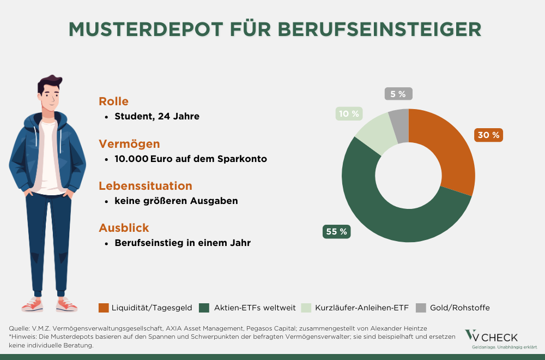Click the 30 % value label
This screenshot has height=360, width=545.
point(488,135)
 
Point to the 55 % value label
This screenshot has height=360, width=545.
point(336,231)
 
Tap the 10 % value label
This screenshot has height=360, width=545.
point(348,113)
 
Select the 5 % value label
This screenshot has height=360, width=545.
point(398,94)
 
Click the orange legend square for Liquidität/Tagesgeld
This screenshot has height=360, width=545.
point(104,308)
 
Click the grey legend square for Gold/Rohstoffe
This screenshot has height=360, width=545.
point(420,308)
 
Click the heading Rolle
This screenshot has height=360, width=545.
point(113,101)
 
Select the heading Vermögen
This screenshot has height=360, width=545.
point(129,144)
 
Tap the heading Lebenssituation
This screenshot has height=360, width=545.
point(145,186)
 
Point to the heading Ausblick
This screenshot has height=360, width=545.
point(124,228)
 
